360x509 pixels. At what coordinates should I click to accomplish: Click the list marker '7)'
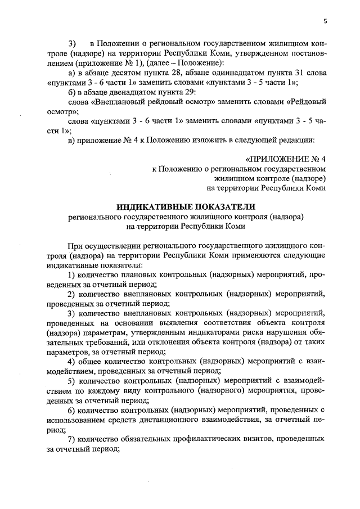tap(71, 438)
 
